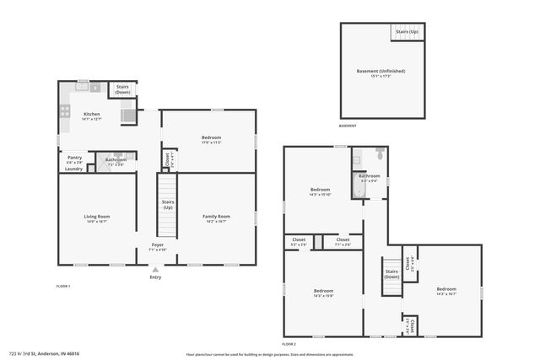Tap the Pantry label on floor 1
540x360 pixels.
74,157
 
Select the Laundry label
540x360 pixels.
74,169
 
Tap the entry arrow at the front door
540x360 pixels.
155,270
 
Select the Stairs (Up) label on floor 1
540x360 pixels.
168,204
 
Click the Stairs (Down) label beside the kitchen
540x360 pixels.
122,89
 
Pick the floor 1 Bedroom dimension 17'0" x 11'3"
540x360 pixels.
211,142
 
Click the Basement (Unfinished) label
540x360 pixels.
379,71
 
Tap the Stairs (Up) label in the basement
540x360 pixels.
406,31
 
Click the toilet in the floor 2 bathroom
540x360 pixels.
381,154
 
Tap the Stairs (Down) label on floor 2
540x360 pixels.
391,273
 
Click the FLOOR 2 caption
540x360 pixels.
289,345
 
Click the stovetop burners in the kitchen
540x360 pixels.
64,111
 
